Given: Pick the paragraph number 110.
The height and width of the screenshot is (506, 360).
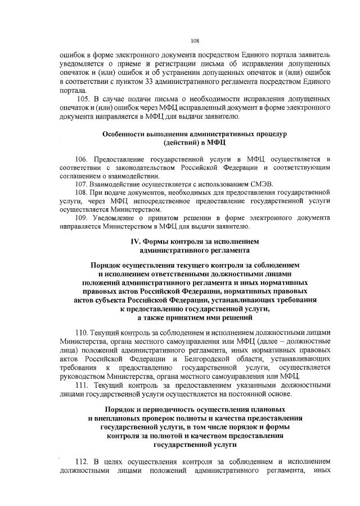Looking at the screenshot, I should (82, 333).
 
